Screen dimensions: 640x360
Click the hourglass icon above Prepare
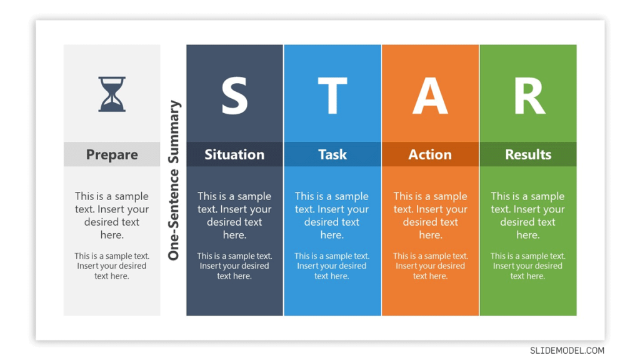[112, 94]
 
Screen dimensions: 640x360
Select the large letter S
[234, 96]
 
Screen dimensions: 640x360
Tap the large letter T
[332, 96]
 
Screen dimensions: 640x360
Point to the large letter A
[430, 96]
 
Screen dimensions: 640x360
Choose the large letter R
[529, 96]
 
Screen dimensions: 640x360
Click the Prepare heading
[112, 155]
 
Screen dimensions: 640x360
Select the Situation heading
[234, 154]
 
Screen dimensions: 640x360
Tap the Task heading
[332, 154]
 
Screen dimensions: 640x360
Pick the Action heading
[430, 154]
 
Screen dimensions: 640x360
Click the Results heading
[528, 154]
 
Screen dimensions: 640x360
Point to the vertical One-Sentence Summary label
[174, 180]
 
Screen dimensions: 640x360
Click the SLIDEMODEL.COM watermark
[567, 351]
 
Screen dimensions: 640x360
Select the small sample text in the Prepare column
[112, 266]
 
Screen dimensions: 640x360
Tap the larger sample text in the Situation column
[234, 216]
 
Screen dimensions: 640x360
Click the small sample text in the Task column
[332, 266]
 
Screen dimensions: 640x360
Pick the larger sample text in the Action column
[430, 216]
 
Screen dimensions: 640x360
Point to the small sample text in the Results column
[527, 266]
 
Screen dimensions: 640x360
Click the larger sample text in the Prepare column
[112, 216]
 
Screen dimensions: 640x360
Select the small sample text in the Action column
[430, 266]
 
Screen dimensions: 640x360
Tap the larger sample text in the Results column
[527, 216]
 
